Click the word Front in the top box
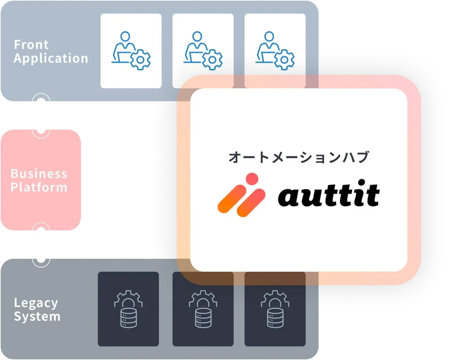31,44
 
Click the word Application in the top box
51,58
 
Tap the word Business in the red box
39,174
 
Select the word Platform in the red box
39,187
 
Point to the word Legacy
36,303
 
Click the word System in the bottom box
37,317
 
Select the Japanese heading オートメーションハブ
299,157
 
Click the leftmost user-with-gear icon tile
131,51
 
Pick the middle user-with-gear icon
203,51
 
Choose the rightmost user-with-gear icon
275,51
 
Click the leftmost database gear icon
128,309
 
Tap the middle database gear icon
203,309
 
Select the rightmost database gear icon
275,309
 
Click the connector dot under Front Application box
41,102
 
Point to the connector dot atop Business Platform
41,129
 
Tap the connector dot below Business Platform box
41,231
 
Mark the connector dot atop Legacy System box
41,258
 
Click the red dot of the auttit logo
252,179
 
